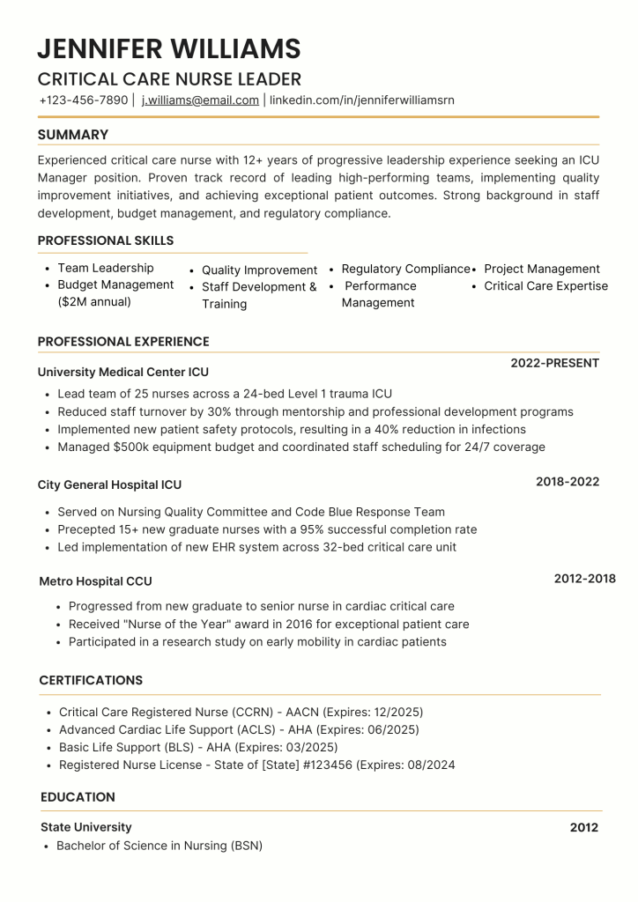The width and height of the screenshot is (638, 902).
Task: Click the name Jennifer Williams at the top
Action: tap(169, 48)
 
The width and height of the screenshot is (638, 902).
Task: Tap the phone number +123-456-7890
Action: tap(84, 100)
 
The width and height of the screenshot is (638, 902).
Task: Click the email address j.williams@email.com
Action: tap(200, 100)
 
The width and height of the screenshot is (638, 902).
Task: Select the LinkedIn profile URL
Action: tap(361, 100)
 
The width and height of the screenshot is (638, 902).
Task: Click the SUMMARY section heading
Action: tap(73, 135)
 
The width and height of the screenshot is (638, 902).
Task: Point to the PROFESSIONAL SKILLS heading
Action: tap(106, 240)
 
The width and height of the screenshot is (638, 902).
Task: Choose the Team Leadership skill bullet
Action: tap(105, 268)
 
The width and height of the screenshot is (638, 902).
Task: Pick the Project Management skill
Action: tap(542, 269)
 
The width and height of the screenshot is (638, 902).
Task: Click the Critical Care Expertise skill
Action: tap(545, 286)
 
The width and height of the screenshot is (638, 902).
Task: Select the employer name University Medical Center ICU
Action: tap(123, 373)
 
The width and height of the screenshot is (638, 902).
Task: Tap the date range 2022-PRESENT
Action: tap(554, 363)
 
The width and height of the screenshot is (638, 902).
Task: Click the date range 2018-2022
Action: tap(568, 482)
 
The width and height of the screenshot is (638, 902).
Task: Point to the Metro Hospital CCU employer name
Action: tap(95, 581)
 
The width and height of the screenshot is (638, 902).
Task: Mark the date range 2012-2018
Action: tap(584, 579)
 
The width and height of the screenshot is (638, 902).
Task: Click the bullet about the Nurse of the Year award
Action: tap(269, 625)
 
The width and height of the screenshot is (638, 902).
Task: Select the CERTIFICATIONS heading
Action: tap(91, 681)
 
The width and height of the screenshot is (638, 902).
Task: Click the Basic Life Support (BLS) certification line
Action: tap(198, 748)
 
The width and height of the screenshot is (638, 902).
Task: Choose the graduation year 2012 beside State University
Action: tap(583, 828)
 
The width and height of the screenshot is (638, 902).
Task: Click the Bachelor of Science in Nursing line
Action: tap(159, 846)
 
